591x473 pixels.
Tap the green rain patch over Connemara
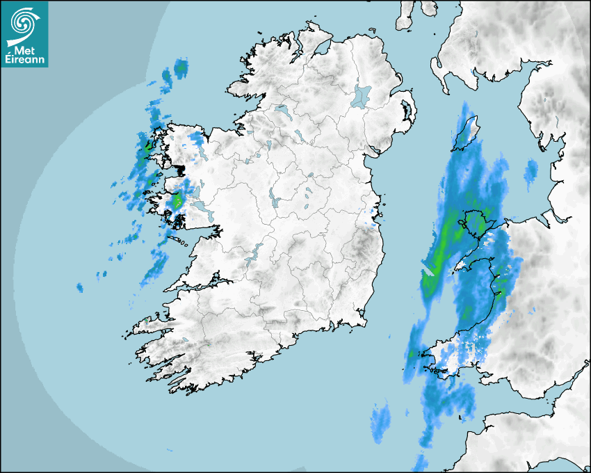pyautogui.click(x=177, y=202)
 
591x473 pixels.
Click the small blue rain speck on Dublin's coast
pyautogui.click(x=375, y=223)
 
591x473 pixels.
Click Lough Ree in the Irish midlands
pyautogui.click(x=273, y=200)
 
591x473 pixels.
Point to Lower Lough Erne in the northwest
pyautogui.click(x=281, y=110)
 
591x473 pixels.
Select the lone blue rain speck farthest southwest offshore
pyautogui.click(x=80, y=287)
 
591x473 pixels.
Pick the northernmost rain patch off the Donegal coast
pyautogui.click(x=181, y=67)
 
